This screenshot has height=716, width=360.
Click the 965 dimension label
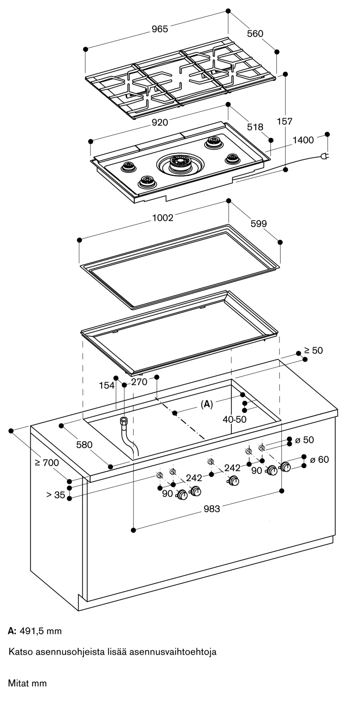click(x=159, y=29)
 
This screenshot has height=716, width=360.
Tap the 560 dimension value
click(x=255, y=34)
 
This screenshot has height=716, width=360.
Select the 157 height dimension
click(x=285, y=121)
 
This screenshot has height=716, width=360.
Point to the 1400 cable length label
click(x=303, y=140)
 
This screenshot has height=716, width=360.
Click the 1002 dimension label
click(x=163, y=218)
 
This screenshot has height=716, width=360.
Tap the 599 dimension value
click(x=259, y=224)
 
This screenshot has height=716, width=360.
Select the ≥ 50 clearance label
click(x=313, y=350)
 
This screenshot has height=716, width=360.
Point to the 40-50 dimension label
click(x=235, y=420)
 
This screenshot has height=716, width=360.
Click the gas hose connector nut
click(x=124, y=420)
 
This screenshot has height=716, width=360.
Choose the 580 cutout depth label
click(x=84, y=445)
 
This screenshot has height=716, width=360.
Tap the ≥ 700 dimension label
click(x=47, y=463)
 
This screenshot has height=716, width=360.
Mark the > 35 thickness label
click(x=56, y=495)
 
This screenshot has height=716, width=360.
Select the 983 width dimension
click(x=212, y=509)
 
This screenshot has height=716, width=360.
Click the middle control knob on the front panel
click(x=234, y=481)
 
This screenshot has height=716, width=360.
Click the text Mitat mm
click(x=27, y=683)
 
